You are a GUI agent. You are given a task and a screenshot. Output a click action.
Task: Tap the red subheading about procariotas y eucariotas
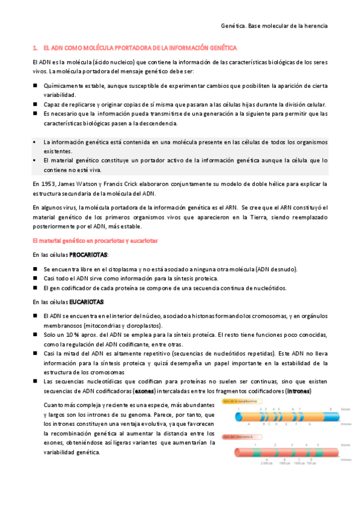click(95, 241)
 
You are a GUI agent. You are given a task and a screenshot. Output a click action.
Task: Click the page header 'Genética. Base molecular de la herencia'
click(274, 26)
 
